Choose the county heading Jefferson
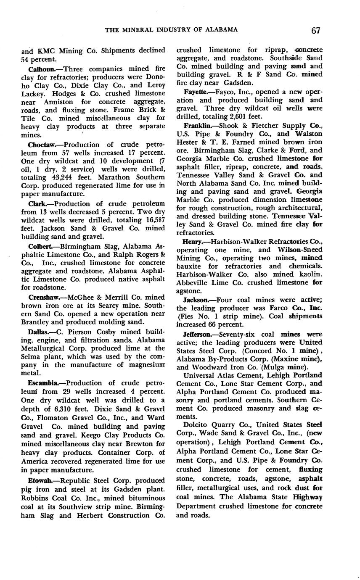pyautogui.click(x=199, y=335)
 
